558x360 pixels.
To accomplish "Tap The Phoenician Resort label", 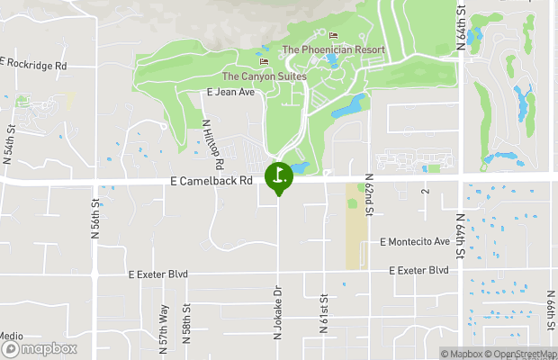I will (333, 49).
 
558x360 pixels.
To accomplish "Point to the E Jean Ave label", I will (231, 92).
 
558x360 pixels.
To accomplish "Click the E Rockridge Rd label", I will (34, 65).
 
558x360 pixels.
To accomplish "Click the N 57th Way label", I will (165, 319).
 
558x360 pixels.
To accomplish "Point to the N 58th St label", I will (187, 319).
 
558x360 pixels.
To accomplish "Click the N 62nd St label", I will (369, 195).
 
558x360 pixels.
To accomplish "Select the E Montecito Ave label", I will (414, 242).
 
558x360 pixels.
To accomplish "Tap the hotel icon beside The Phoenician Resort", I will (333, 36).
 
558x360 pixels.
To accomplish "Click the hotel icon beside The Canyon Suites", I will (264, 62).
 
